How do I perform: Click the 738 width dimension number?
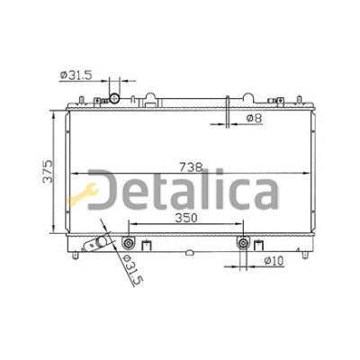pyautogui.click(x=191, y=166)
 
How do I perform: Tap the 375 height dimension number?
pyautogui.click(x=48, y=172)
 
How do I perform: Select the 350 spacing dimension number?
pyautogui.click(x=186, y=218)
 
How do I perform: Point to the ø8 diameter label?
pyautogui.click(x=254, y=118)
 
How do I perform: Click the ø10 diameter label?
pyautogui.click(x=274, y=260)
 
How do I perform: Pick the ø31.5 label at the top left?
pyautogui.click(x=76, y=75)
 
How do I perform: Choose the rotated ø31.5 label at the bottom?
pyautogui.click(x=132, y=269)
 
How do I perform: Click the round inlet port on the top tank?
pyautogui.click(x=114, y=98)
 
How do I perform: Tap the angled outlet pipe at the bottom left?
pyautogui.click(x=95, y=243)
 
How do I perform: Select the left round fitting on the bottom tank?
pyautogui.click(x=129, y=243)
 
